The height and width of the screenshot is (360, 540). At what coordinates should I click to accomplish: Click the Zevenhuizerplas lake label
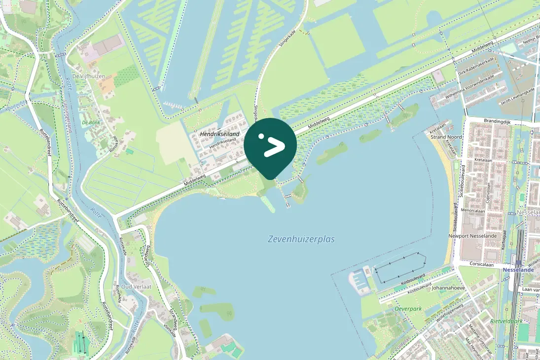coord(301,239)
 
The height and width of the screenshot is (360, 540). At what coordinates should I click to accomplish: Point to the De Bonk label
coord(91,122)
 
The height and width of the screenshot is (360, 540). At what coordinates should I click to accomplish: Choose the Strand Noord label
coord(446,137)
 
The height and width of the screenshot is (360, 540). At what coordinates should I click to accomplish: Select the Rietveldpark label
coord(506,321)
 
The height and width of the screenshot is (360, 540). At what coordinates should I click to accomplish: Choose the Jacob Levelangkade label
coord(517,96)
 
